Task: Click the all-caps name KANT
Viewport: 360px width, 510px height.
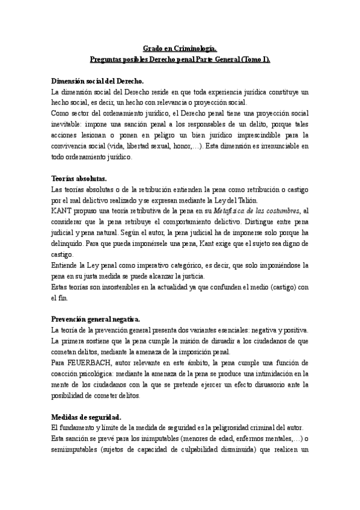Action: pos(61,211)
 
